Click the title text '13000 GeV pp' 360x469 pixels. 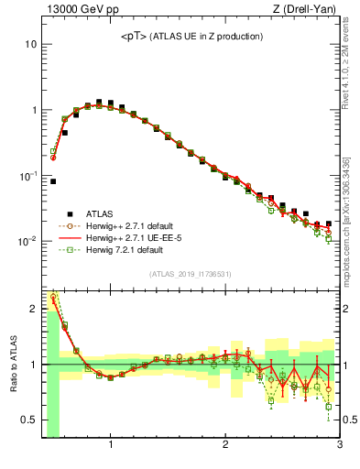point(75,10)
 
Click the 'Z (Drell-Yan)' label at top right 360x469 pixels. point(308,10)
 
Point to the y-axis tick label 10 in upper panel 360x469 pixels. point(30,44)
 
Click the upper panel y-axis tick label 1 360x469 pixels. point(33,110)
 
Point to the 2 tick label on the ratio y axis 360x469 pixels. point(33,309)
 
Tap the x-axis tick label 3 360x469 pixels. point(339,447)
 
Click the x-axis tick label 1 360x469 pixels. point(111,447)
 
